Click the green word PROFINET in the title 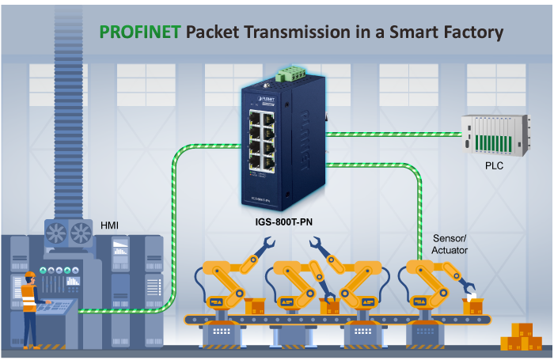click(x=139, y=32)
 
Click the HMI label click(x=112, y=225)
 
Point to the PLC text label click(x=494, y=166)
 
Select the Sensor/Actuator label click(x=450, y=244)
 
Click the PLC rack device click(x=494, y=135)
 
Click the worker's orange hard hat click(x=30, y=275)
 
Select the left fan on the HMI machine click(x=59, y=233)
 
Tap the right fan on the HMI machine click(x=81, y=233)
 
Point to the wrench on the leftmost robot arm click(x=259, y=255)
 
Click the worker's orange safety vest click(x=29, y=299)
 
